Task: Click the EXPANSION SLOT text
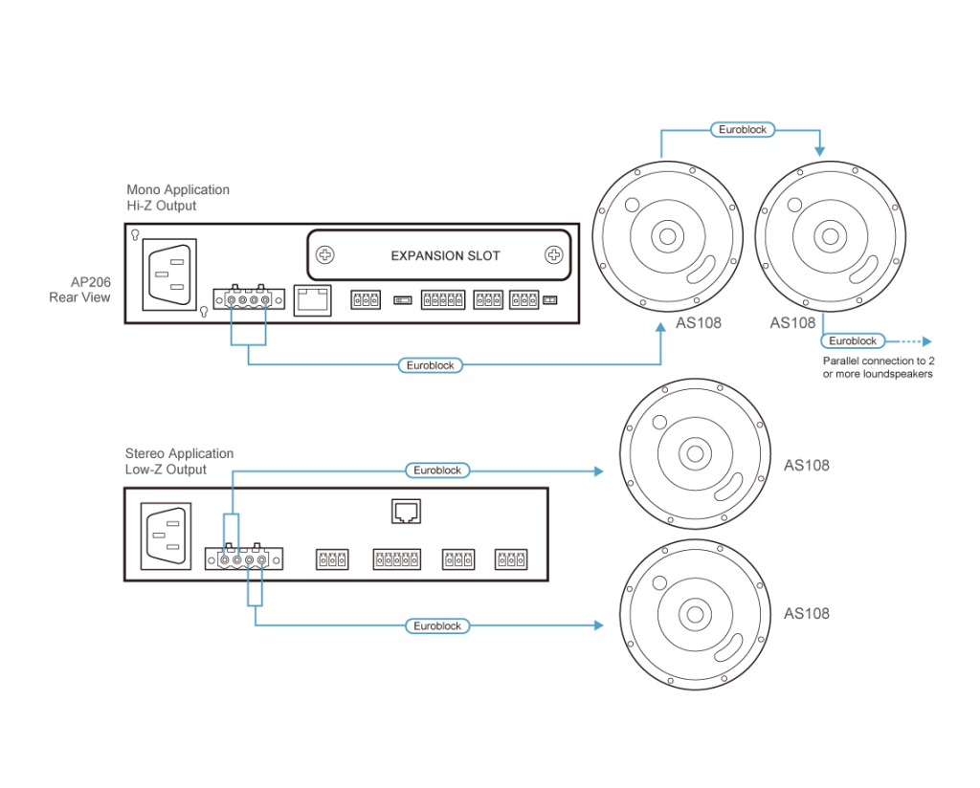tap(445, 256)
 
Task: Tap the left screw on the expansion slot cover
tap(326, 255)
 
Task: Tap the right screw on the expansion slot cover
tap(553, 255)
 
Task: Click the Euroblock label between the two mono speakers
tap(742, 129)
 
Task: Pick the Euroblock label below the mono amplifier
tap(430, 364)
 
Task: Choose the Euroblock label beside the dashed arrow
tap(853, 340)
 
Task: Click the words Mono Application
tap(177, 190)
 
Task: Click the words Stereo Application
tap(179, 453)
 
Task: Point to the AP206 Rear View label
tap(83, 291)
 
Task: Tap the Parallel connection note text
tap(878, 368)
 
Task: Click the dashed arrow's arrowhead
tap(926, 340)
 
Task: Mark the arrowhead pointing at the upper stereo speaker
tap(600, 471)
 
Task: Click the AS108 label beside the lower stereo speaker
tap(806, 613)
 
